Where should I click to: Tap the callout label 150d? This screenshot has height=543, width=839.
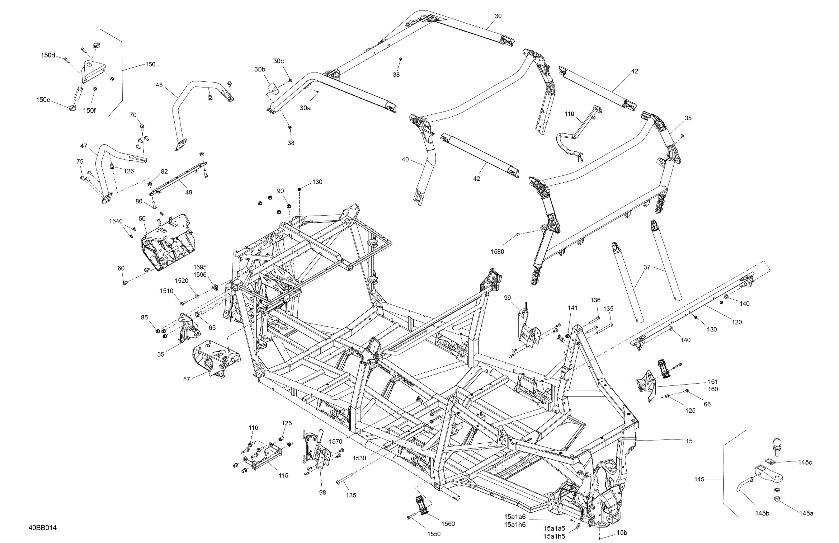tap(48, 55)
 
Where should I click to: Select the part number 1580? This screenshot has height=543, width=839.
tap(497, 251)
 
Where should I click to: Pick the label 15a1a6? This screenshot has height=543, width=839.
tap(515, 516)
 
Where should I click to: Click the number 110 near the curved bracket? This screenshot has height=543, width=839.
tap(569, 114)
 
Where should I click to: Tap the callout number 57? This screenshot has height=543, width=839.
tap(187, 379)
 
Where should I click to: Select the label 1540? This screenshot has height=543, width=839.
tap(116, 221)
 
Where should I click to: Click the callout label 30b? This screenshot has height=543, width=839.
tap(260, 69)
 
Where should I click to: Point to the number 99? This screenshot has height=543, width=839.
tap(507, 298)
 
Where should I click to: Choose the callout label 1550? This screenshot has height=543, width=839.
tap(434, 534)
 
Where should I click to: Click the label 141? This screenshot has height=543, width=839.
tap(573, 308)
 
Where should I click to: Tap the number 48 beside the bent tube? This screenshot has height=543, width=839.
tap(159, 85)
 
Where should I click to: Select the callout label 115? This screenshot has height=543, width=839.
tap(283, 475)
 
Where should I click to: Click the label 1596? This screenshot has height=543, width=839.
tap(200, 275)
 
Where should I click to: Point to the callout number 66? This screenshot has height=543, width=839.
tap(707, 404)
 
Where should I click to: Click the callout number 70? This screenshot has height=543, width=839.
tap(133, 115)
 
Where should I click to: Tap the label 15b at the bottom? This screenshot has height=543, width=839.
tap(622, 532)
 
